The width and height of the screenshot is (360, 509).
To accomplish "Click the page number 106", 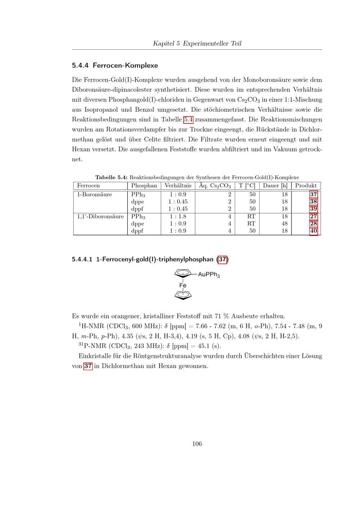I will pos(197,444).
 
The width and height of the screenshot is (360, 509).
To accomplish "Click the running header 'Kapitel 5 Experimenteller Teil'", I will pos(197,44).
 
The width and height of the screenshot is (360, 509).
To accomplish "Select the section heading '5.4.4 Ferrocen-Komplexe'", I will pos(115,66).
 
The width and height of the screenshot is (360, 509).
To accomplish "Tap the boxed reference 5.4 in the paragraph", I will pos(189,120).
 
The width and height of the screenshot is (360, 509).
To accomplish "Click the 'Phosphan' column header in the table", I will pos(144,186).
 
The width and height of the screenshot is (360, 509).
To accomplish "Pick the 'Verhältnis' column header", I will pos(178,186).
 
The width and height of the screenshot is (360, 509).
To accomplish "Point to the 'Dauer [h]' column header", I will pos(275,186).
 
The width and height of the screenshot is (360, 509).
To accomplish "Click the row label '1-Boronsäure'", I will pos(94,195).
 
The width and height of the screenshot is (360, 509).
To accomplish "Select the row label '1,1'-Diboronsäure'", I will pos(100,216).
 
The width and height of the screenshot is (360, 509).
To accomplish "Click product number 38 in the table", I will pos(313,202).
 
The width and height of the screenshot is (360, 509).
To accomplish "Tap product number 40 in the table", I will pos(313,231).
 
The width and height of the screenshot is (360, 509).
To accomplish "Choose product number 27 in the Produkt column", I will pos(313,216).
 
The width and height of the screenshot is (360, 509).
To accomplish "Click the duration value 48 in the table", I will pos(284,224).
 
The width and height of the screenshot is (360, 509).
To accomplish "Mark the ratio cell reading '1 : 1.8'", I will pos(178,216).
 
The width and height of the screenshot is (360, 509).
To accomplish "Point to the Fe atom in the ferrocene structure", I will pos(183,285).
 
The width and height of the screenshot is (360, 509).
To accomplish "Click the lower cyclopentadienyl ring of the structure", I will pos(183,295).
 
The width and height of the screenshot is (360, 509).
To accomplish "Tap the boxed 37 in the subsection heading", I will pos(222,259).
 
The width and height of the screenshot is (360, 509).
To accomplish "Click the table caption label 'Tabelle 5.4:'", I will pos(111,177).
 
